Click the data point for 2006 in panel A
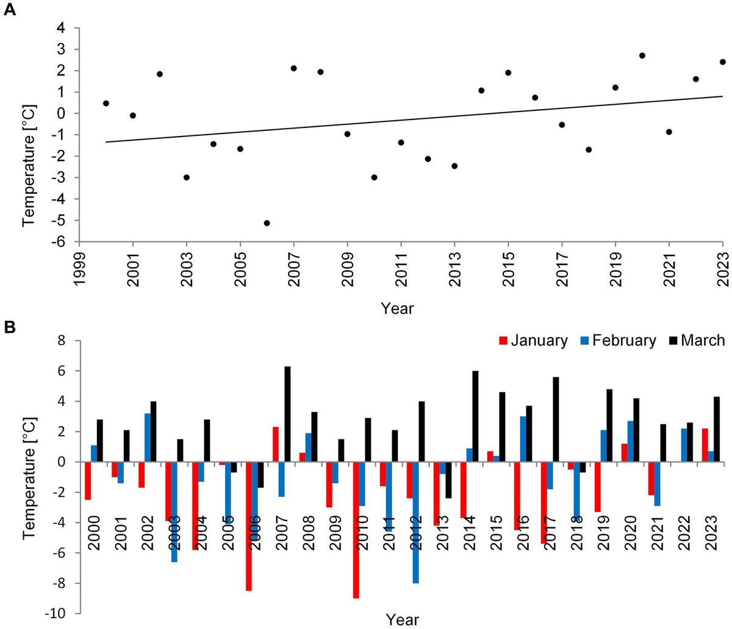(267, 223)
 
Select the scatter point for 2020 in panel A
(642, 55)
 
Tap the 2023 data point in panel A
(722, 62)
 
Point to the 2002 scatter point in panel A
(159, 74)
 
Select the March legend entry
(695, 340)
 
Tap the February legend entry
(616, 340)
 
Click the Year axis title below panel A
(397, 308)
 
